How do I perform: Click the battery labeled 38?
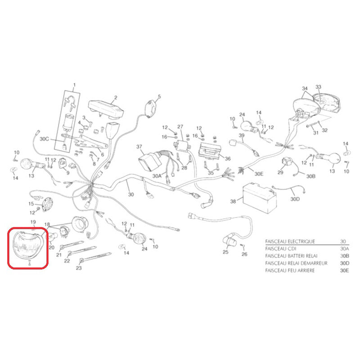[260, 198]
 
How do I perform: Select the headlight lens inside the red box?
[27, 244]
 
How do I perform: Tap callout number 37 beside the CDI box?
[139, 147]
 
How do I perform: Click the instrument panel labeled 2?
[106, 109]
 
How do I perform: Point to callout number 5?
[159, 96]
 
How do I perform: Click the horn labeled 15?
[47, 204]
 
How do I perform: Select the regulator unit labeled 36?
[209, 151]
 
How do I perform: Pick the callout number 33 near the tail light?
[318, 87]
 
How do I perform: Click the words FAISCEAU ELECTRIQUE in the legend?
[290, 241]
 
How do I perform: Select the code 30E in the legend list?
[344, 270]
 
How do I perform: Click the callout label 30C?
[44, 139]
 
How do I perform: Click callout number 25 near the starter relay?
[225, 252]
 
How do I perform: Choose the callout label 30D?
[295, 199]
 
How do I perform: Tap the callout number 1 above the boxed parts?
[74, 85]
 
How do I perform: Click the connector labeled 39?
[234, 143]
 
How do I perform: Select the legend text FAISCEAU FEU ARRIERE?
[290, 270]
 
